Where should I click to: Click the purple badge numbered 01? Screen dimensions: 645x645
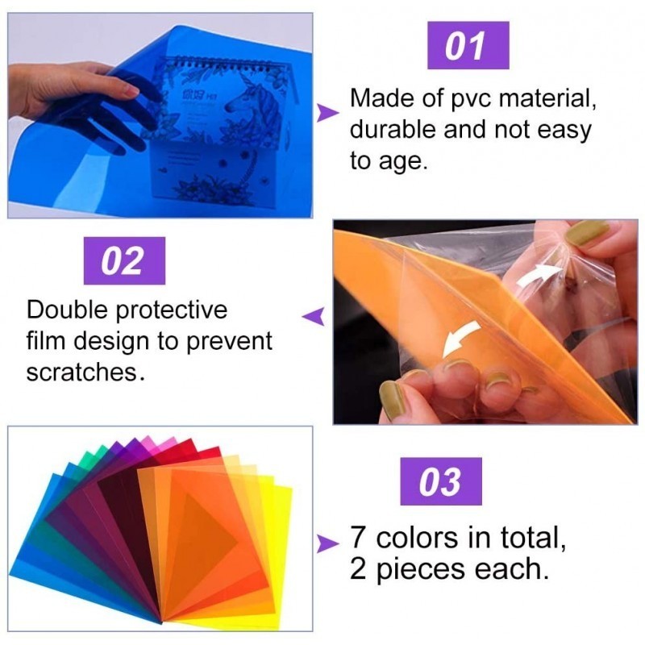click(468, 45)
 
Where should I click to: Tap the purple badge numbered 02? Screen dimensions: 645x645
click(124, 260)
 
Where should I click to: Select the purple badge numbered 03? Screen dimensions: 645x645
click(441, 481)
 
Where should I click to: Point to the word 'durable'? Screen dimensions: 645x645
click(393, 129)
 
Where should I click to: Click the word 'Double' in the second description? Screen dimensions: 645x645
click(69, 310)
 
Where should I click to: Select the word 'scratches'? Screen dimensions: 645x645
click(81, 372)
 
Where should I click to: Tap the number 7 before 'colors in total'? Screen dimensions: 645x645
click(359, 537)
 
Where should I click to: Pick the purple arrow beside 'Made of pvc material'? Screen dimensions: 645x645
click(327, 113)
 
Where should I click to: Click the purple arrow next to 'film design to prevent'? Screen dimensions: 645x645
click(314, 316)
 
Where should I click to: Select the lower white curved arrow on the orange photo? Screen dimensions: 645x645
click(460, 338)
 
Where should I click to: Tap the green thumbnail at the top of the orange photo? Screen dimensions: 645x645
click(587, 233)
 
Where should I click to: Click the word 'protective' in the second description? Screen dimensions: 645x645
click(171, 311)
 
